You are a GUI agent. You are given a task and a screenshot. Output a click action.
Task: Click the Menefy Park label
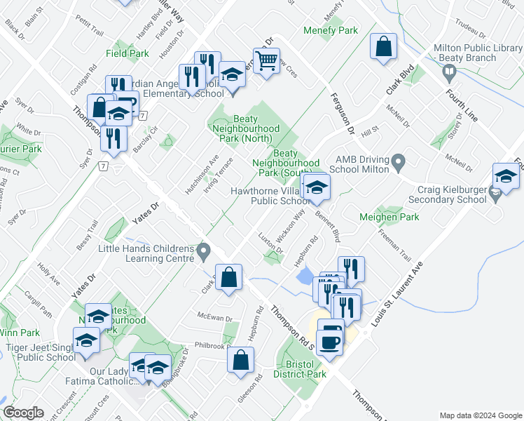[331, 30]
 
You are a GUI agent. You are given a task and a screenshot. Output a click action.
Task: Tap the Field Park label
[127, 53]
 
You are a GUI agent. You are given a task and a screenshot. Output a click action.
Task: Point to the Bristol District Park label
[301, 369]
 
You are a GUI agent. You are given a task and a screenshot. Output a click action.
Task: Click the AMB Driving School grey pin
[399, 163]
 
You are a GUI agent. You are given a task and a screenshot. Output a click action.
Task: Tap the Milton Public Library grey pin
[449, 72]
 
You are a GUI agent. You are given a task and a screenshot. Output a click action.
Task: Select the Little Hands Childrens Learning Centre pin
[204, 250]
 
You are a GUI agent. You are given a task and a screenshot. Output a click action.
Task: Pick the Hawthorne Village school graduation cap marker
[316, 187]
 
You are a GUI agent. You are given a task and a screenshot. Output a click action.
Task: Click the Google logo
[23, 413]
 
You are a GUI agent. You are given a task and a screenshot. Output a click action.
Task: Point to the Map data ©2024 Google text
[480, 415]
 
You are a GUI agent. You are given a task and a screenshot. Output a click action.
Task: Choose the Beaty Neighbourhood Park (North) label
[246, 129]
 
